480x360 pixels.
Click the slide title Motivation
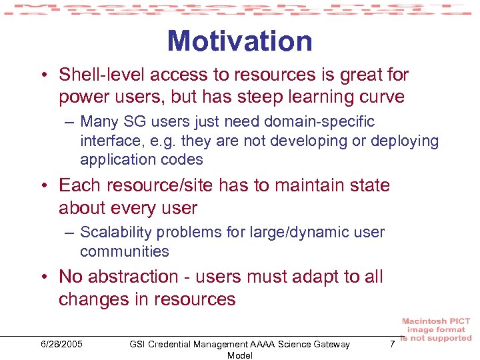[239, 41]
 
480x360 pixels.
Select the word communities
[125, 251]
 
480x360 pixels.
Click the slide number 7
[392, 343]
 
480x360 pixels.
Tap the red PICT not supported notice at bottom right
[436, 330]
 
